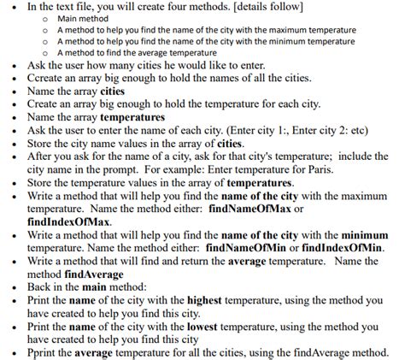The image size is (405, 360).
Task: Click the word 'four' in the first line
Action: (191, 7)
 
